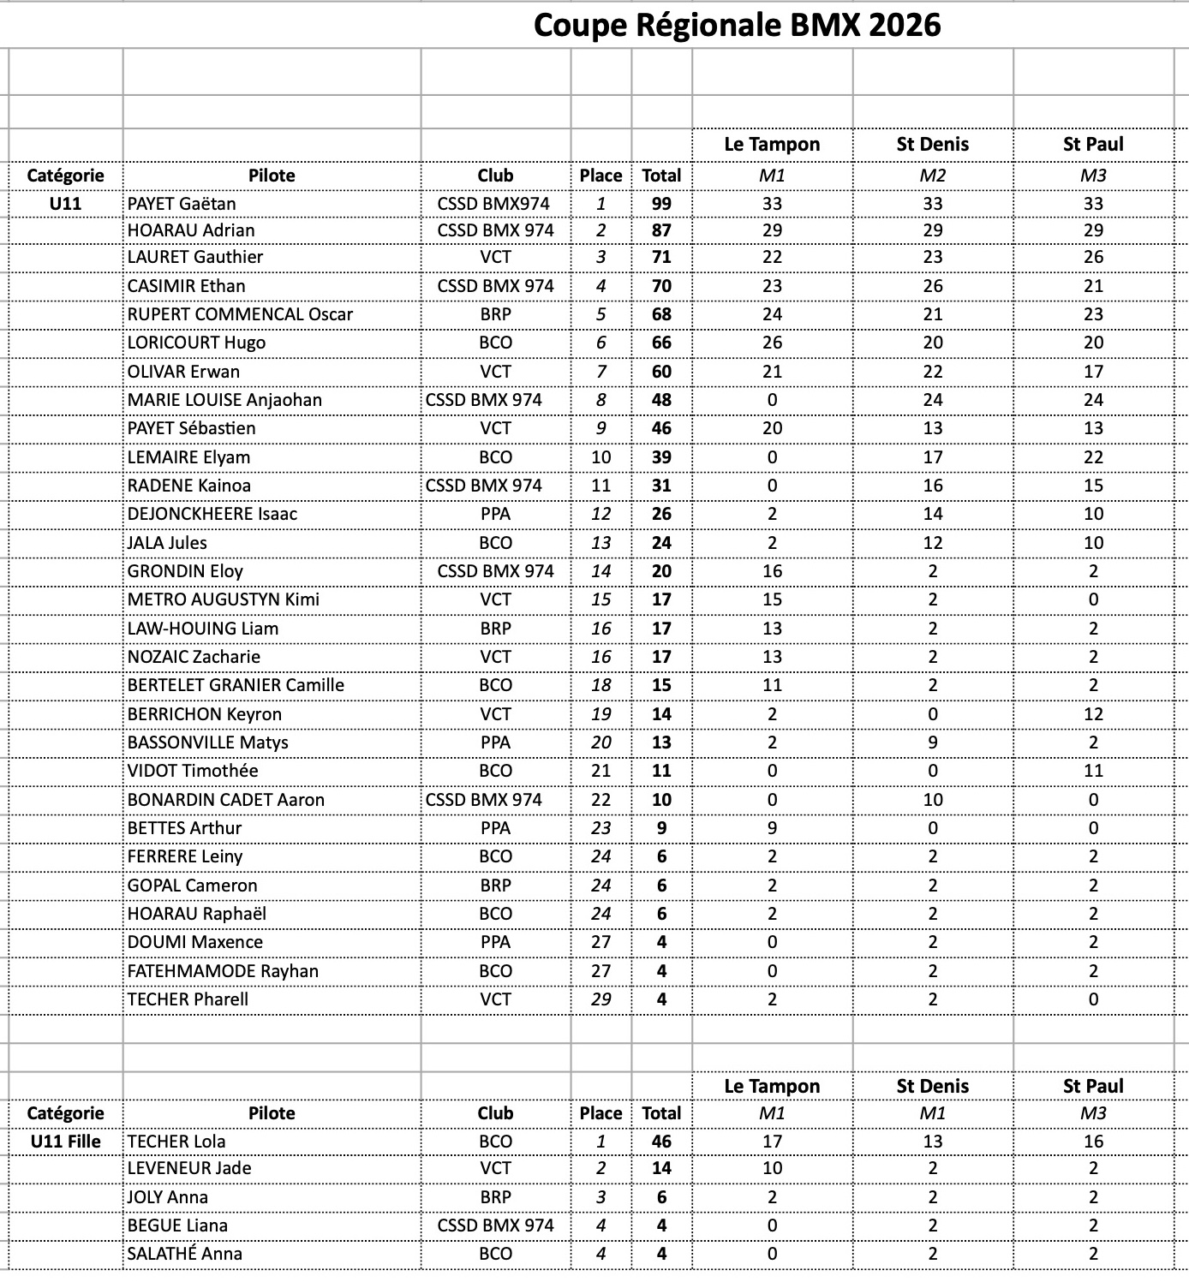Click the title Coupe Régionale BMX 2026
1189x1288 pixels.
(737, 25)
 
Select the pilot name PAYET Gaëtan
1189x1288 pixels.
(182, 204)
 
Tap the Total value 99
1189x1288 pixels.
(661, 204)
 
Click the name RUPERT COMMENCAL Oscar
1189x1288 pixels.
(240, 314)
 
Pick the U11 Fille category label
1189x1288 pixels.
(65, 1142)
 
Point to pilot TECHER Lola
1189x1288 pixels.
(176, 1142)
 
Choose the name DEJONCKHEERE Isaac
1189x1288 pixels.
(212, 514)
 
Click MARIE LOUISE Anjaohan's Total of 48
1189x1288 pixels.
(661, 400)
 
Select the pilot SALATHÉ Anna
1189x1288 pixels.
(185, 1254)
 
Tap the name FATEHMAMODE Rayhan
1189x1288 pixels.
(223, 971)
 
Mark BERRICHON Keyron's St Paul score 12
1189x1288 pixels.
(1093, 714)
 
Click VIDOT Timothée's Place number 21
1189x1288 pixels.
(601, 771)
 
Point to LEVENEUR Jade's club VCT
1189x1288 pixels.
(495, 1168)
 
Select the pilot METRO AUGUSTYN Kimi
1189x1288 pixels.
(224, 599)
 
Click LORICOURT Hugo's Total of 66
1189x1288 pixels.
(661, 343)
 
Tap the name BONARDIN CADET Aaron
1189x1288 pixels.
(226, 800)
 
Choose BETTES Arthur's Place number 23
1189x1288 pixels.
(601, 828)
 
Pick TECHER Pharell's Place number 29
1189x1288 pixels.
(601, 999)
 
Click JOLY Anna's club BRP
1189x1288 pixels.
(495, 1197)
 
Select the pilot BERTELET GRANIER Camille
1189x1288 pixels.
(236, 685)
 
